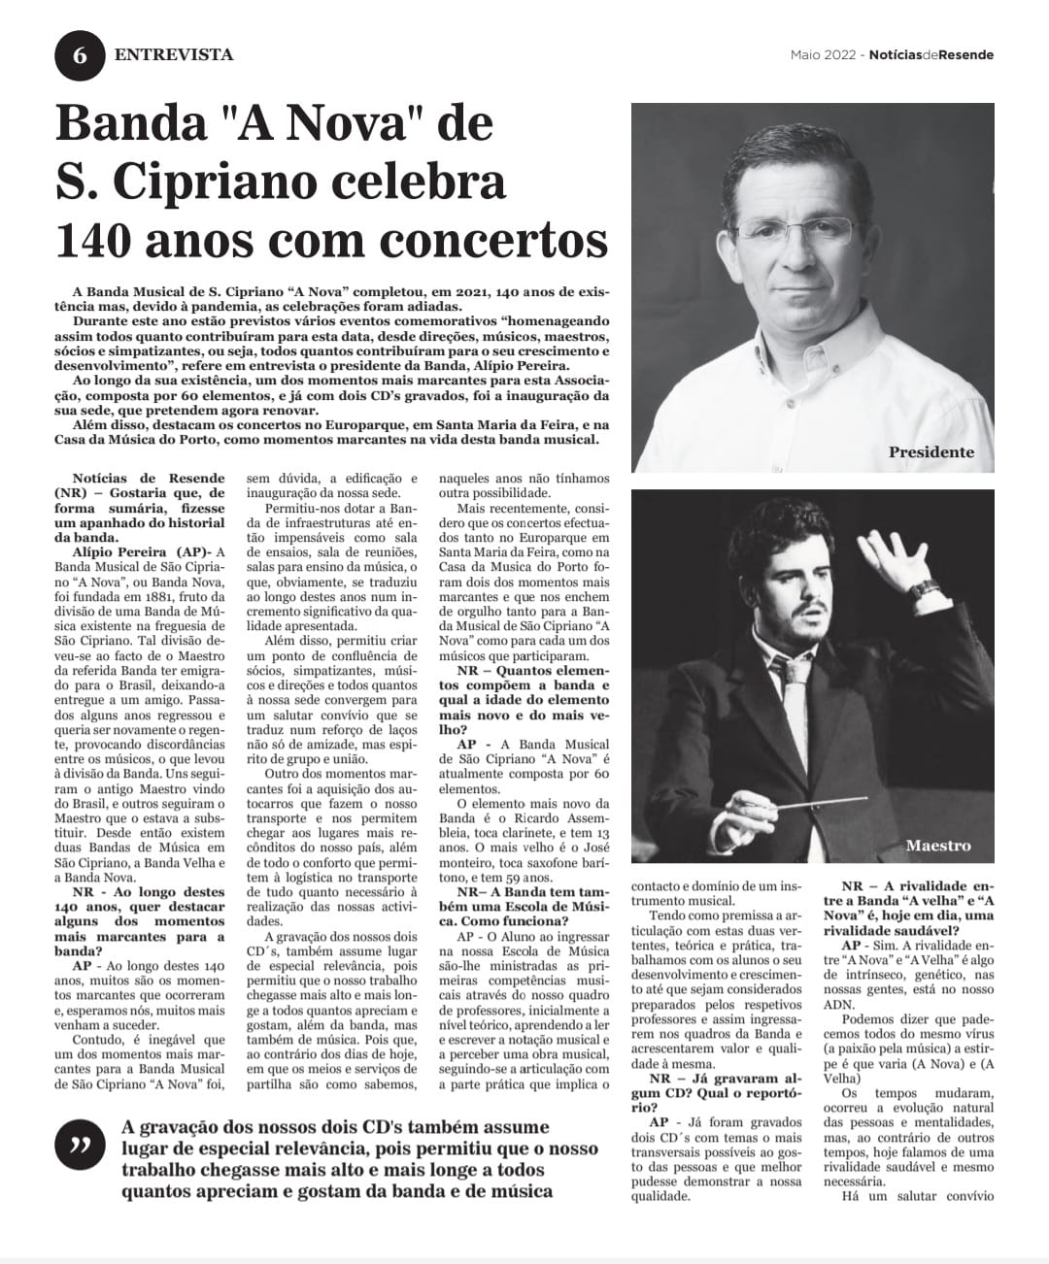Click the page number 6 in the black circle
coord(80,55)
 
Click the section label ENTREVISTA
coord(174,54)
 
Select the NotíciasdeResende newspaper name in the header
coord(931,54)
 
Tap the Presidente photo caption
coord(931,452)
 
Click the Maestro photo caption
coord(937,845)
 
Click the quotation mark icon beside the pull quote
coord(80,1146)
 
